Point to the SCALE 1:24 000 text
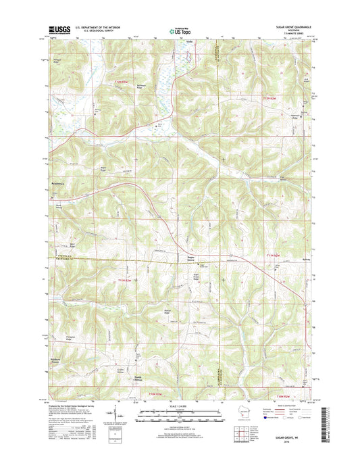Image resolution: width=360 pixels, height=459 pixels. [179, 405]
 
